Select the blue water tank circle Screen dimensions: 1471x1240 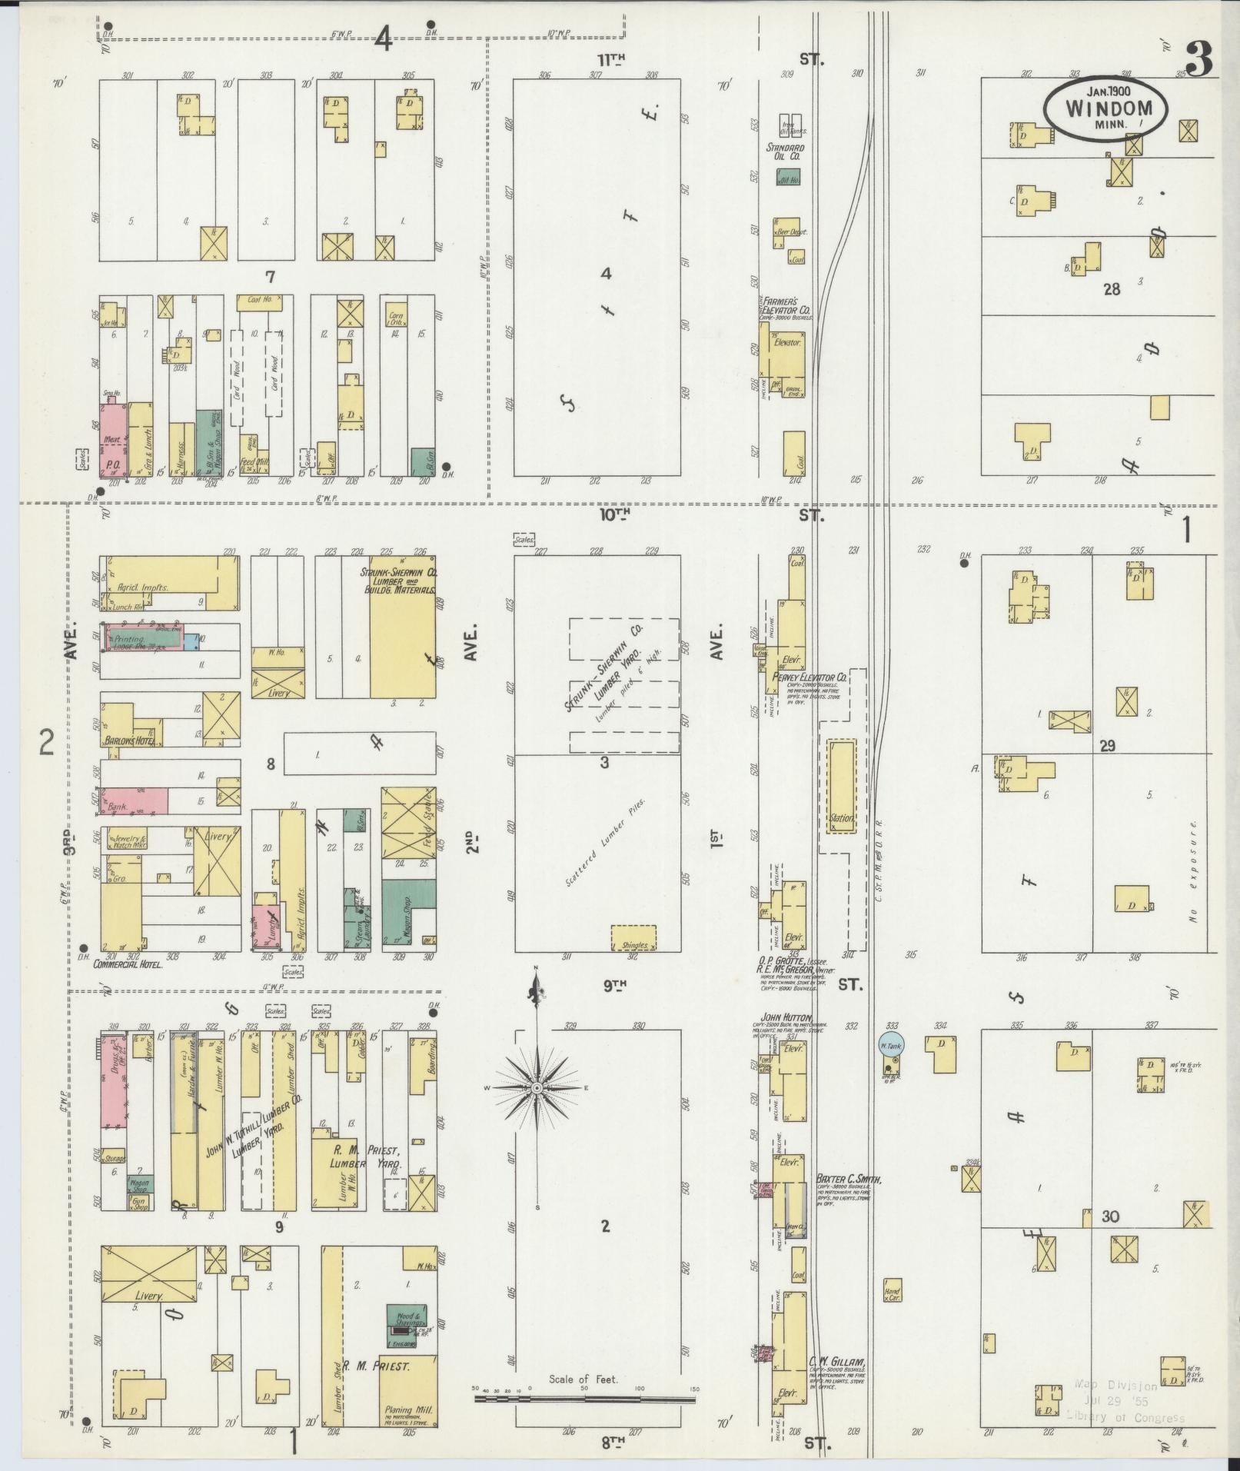tap(892, 1044)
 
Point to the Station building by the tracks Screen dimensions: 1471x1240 tap(841, 785)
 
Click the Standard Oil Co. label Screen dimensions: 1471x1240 tap(785, 152)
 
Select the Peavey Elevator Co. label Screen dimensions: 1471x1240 tap(809, 677)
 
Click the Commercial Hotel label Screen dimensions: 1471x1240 tap(128, 963)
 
